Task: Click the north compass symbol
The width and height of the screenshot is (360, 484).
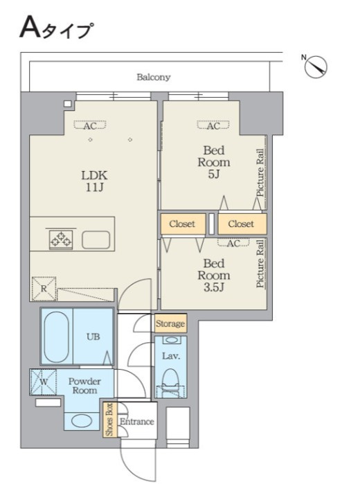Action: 316,66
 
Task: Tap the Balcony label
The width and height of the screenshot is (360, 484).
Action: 154,77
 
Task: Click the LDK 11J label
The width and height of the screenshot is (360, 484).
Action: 94,181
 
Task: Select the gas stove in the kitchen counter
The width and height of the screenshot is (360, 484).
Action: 61,240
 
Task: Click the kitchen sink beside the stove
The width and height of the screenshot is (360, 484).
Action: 96,240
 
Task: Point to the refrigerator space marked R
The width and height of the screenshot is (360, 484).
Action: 44,289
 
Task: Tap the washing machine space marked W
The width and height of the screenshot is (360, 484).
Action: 44,382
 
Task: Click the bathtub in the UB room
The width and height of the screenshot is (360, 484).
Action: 56,337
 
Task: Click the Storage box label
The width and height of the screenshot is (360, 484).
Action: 170,323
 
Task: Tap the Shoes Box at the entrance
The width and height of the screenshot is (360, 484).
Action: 110,420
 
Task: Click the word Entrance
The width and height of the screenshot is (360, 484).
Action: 137,422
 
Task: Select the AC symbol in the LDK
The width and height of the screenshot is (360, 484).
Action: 90,125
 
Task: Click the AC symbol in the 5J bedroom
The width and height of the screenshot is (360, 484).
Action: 213,125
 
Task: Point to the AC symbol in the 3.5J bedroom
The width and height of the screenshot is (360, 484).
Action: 234,243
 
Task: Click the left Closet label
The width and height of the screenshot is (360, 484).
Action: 182,224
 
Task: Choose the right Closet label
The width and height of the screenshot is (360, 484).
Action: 241,224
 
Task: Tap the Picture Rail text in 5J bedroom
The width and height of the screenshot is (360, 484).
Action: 260,173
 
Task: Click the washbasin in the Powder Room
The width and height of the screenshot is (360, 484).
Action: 82,421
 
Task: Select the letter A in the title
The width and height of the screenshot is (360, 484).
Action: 30,28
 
